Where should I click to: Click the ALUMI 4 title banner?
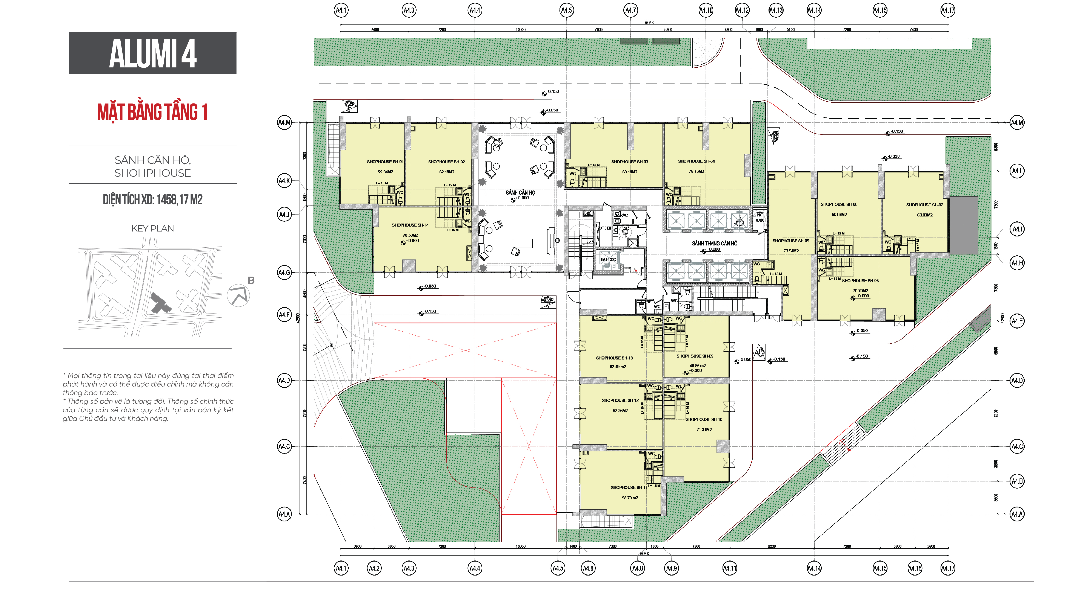152,53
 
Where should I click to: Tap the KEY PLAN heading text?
152,228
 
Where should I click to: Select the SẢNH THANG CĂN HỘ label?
715,243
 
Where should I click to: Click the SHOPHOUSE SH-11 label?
628,487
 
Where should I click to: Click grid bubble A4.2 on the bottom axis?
374,568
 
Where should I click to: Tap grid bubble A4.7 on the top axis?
630,10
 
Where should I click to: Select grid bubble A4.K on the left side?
284,181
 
